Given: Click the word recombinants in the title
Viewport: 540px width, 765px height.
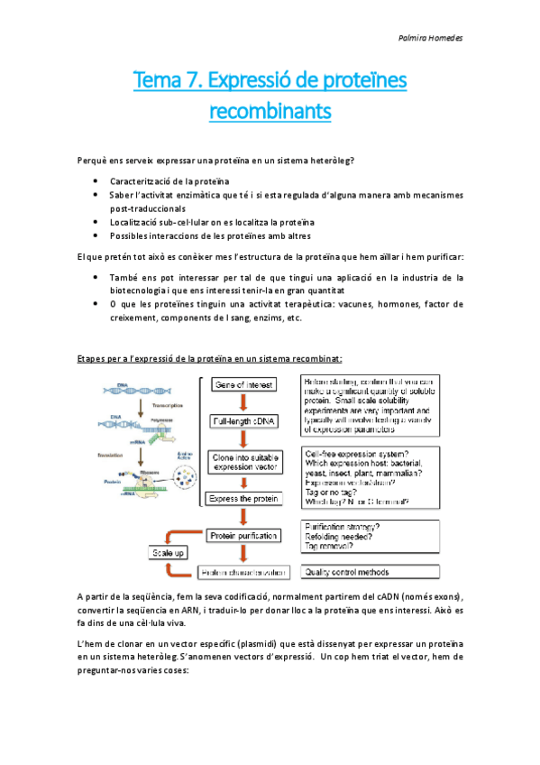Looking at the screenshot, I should (270, 112).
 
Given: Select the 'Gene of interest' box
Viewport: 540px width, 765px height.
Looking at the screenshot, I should (243, 385).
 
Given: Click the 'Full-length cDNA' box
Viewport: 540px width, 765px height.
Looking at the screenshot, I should (243, 420).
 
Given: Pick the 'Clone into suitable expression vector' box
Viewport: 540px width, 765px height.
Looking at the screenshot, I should (242, 463).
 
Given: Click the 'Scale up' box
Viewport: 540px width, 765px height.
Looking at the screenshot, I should (169, 552).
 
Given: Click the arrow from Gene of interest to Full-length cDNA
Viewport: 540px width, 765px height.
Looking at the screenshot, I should (243, 402).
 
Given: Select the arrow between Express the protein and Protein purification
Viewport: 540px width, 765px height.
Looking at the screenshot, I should (243, 516).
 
